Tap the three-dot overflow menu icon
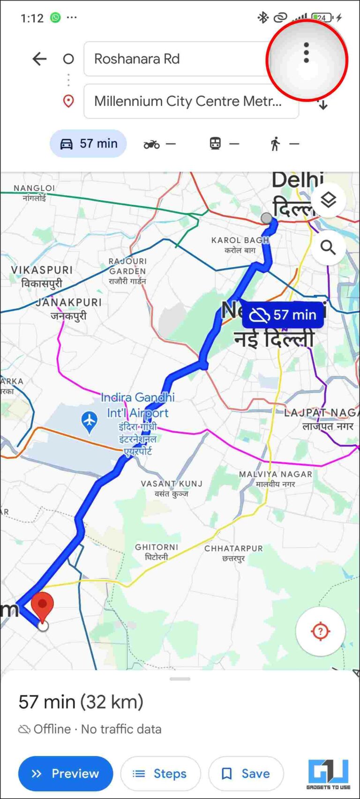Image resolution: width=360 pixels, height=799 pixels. (306, 53)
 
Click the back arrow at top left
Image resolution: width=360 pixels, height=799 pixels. (39, 59)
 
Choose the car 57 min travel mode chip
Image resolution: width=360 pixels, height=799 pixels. (88, 143)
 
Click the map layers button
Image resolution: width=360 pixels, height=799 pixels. (328, 200)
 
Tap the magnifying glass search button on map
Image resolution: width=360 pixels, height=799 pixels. (328, 247)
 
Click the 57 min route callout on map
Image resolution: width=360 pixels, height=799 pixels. (283, 315)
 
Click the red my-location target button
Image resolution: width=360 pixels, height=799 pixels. (321, 631)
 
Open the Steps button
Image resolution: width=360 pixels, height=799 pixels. (160, 774)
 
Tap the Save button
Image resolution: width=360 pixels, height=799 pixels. (246, 774)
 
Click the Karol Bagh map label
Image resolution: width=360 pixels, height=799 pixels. (240, 244)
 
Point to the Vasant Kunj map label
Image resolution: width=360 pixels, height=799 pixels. (172, 488)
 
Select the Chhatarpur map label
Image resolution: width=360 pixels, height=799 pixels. (233, 553)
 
